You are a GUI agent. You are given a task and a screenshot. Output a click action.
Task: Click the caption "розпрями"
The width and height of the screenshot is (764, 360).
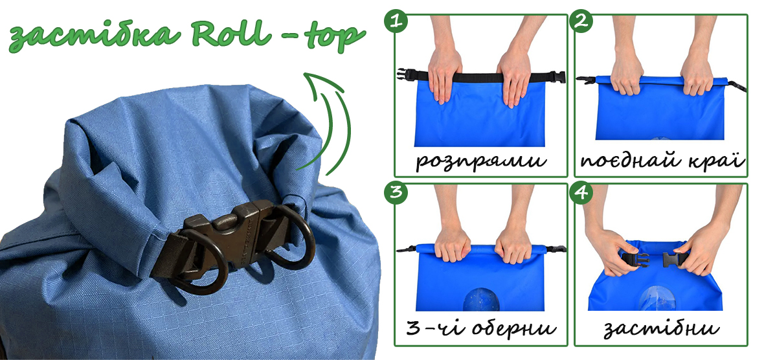click(480, 162)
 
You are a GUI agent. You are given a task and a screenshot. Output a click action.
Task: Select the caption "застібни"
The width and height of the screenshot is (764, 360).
click(661, 330)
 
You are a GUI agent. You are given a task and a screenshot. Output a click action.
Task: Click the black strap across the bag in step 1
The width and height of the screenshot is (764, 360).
click(482, 76)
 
